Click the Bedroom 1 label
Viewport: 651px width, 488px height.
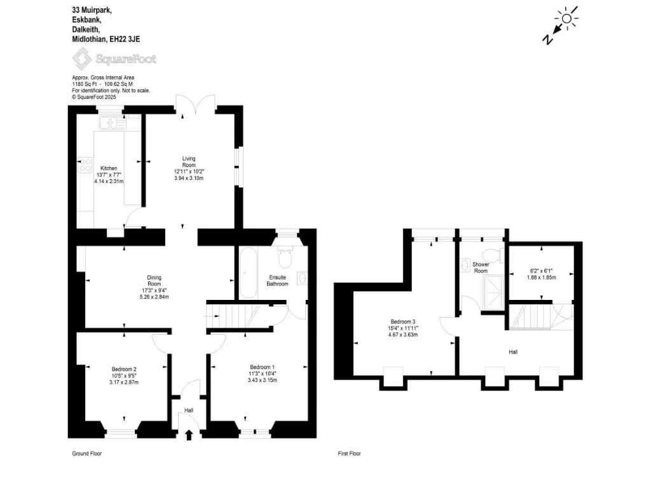[262, 368]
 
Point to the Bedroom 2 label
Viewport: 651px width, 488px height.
[124, 369]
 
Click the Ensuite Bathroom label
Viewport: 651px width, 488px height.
[278, 281]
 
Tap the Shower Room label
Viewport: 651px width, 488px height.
[481, 268]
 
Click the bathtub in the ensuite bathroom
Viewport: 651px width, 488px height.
[247, 273]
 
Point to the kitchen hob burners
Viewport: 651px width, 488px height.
[84, 165]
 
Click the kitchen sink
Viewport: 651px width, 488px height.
[111, 123]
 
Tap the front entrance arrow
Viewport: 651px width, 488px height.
[188, 435]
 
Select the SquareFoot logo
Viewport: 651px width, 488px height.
[113, 59]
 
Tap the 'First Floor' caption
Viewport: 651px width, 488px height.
[349, 454]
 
